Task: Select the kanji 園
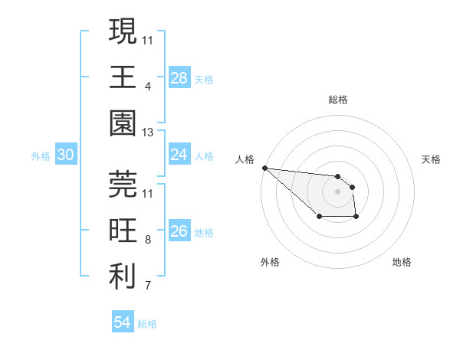pos(123,123)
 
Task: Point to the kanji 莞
pos(123,182)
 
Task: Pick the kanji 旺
pos(123,230)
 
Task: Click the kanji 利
pos(123,277)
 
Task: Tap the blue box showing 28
pos(179,78)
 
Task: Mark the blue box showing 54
pos(123,322)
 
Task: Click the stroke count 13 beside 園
pos(148,133)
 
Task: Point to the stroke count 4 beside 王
pos(147,86)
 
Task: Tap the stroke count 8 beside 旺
pos(148,240)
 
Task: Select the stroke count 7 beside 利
pos(148,286)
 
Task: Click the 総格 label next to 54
pos(147,324)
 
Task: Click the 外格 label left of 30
pos(41,156)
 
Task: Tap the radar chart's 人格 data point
pos(264,168)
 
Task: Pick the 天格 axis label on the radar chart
pos(431,159)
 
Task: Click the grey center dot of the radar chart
pos(337,191)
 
